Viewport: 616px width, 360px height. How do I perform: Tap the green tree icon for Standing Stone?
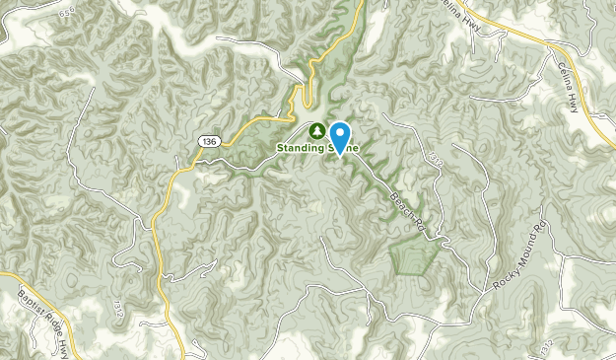pyautogui.click(x=317, y=130)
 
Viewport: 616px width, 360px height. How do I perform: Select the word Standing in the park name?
pyautogui.click(x=299, y=149)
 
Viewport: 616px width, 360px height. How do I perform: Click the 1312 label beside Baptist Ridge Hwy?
pyautogui.click(x=118, y=309)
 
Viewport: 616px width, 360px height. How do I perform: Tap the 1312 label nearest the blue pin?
pyautogui.click(x=437, y=157)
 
